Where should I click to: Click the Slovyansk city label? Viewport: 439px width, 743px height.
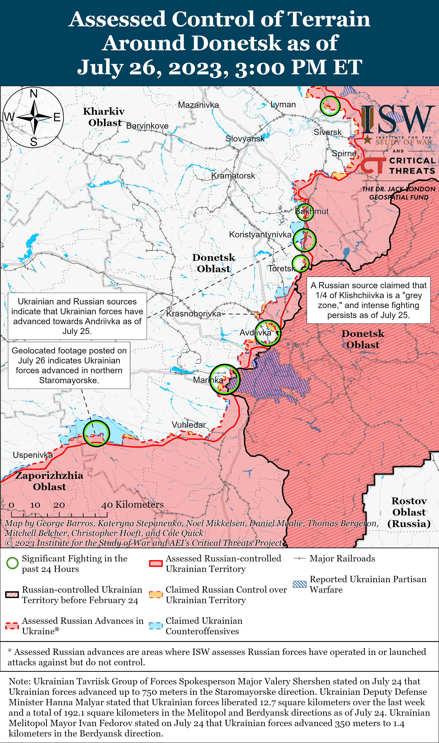coord(245,139)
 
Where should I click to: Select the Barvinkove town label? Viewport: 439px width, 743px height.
coord(147,126)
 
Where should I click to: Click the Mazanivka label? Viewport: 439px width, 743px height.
coord(198,105)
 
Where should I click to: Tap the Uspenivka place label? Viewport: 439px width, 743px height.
coord(33,455)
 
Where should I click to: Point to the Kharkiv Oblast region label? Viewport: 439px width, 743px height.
coord(104,117)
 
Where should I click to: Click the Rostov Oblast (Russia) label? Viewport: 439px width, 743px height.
coord(409,512)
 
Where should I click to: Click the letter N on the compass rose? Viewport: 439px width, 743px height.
coord(34,94)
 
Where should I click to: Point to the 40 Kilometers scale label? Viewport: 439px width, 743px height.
coord(132,504)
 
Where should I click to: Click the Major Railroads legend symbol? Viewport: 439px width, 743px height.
coord(299,559)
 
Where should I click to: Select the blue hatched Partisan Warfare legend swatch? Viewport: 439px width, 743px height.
coord(299,584)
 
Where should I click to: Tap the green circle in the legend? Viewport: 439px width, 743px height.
coord(12,563)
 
